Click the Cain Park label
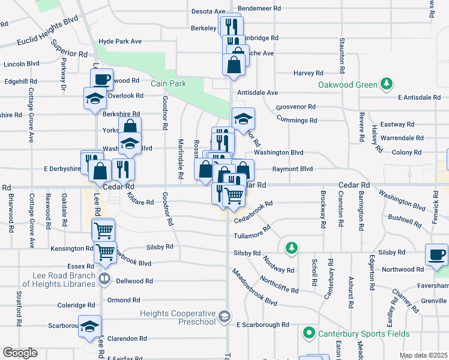click(x=168, y=84)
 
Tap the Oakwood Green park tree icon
click(x=388, y=85)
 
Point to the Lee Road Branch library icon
click(x=104, y=278)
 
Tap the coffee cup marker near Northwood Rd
click(x=436, y=254)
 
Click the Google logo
click(x=20, y=353)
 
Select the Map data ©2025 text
click(x=423, y=356)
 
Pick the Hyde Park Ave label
click(x=120, y=41)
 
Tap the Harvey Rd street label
click(x=309, y=73)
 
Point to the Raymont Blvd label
click(x=293, y=169)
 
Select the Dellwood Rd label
click(x=134, y=281)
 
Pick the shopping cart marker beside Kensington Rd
click(x=106, y=253)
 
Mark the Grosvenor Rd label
click(x=295, y=107)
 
